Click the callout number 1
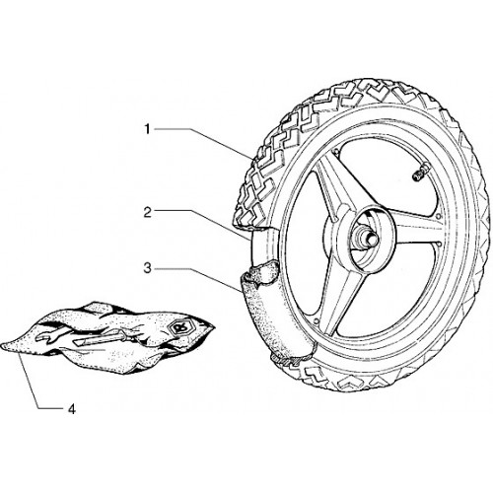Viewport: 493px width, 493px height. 148,129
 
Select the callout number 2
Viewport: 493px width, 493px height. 148,213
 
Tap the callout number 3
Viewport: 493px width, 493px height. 148,268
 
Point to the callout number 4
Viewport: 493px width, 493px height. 72,409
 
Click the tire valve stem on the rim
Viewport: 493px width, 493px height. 421,173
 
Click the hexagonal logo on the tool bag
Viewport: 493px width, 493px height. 178,327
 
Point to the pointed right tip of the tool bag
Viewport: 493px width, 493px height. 214,329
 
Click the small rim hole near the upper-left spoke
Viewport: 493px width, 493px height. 335,151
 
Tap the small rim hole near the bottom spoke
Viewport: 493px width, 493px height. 316,320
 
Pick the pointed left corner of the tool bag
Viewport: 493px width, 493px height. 3,346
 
